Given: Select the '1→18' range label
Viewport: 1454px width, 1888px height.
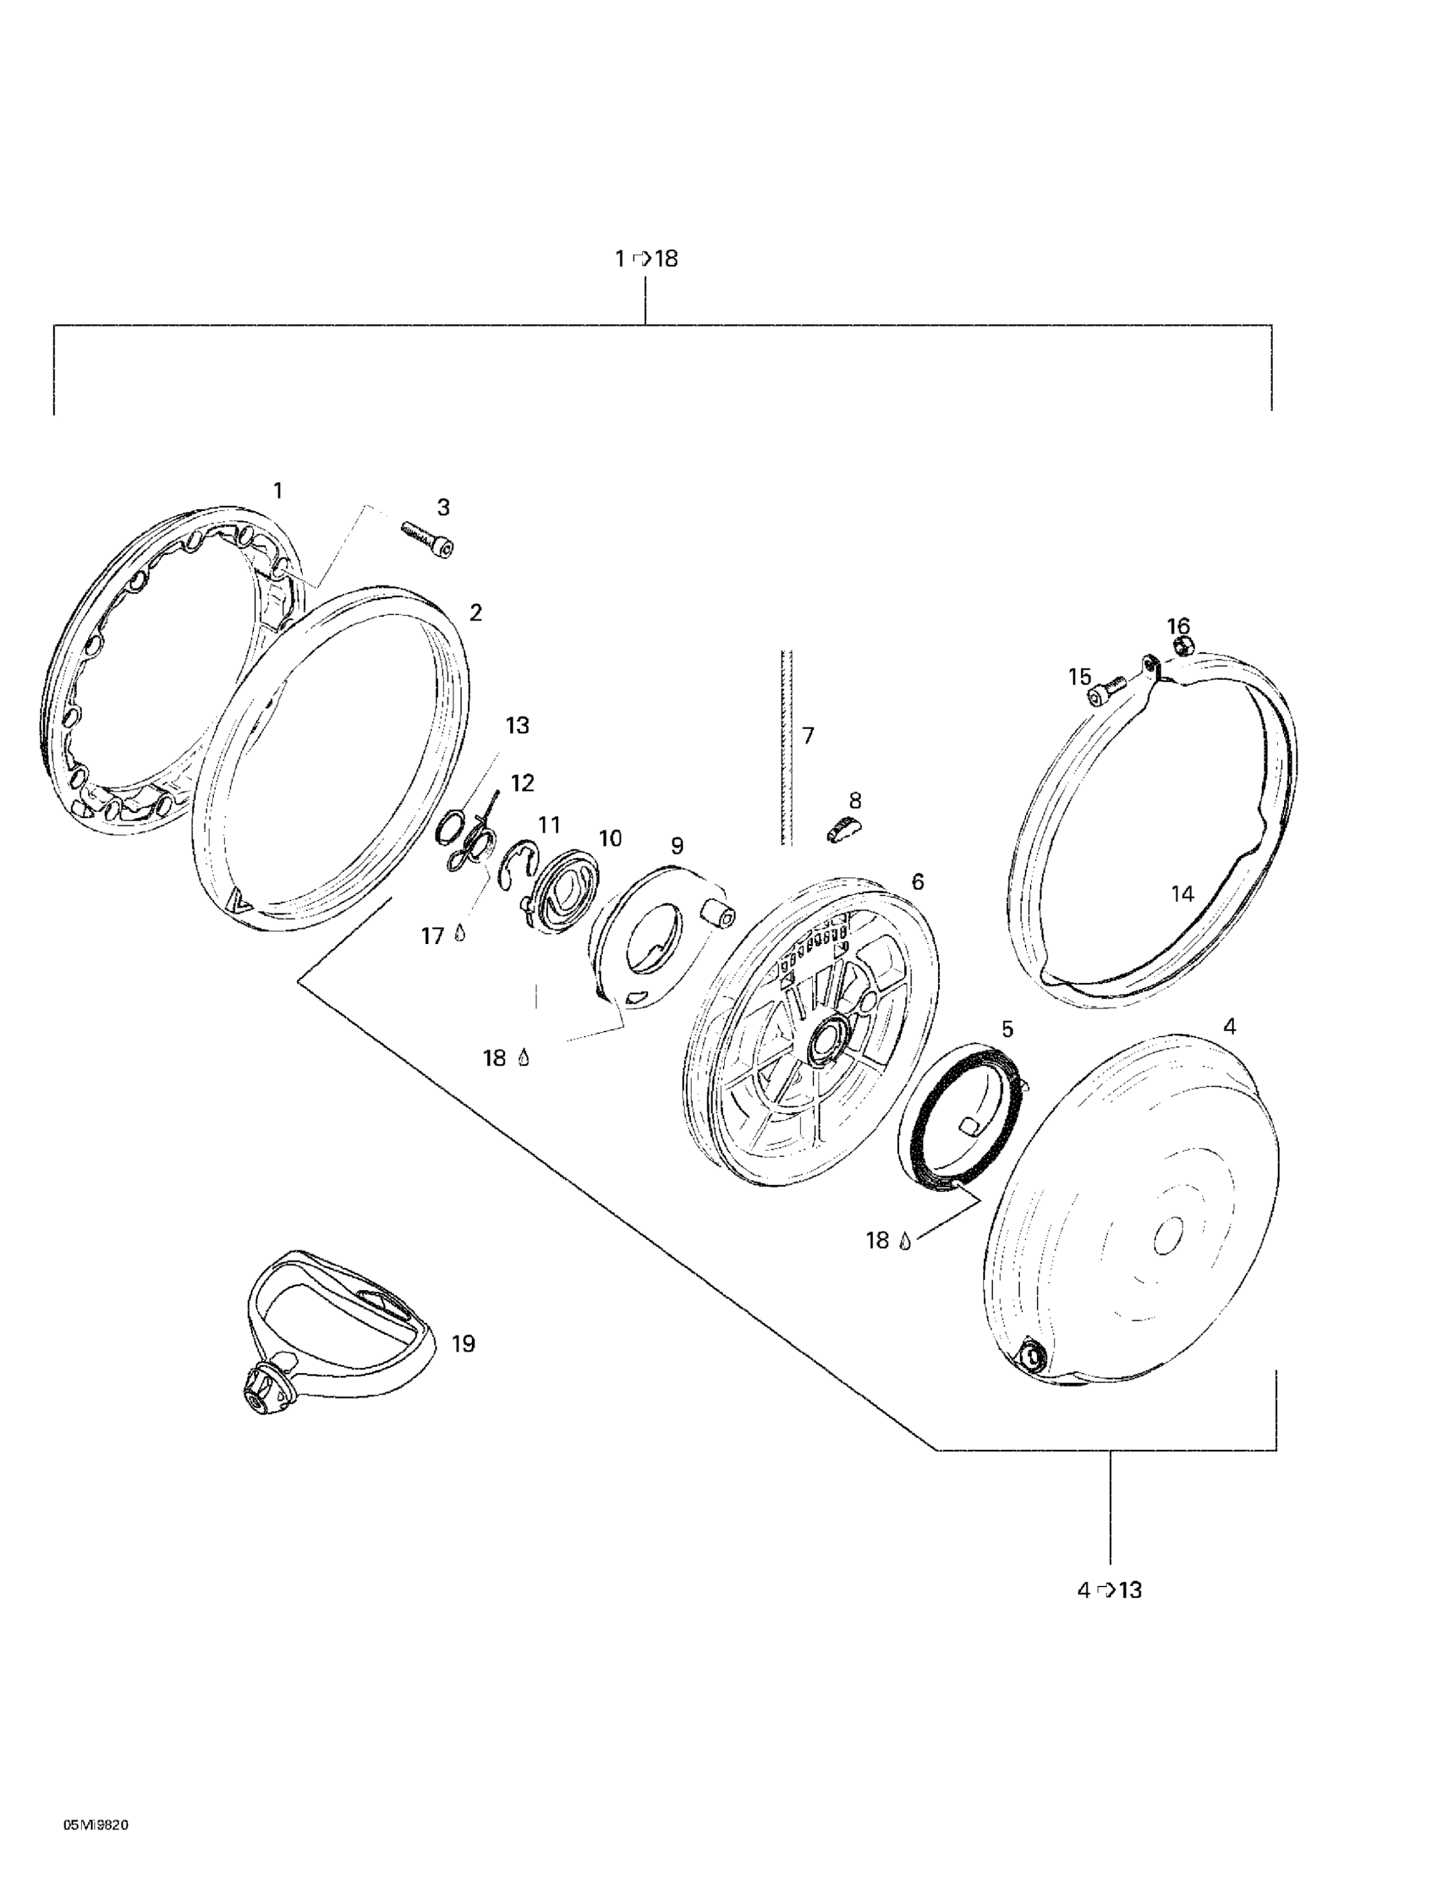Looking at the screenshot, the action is click(646, 257).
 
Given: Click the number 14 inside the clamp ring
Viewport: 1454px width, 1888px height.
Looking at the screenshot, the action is click(1182, 894).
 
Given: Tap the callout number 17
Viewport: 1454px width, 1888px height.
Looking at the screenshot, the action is click(432, 935).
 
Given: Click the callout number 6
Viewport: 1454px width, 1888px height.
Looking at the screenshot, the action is click(917, 881).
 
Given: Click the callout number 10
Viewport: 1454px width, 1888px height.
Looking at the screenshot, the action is click(610, 838).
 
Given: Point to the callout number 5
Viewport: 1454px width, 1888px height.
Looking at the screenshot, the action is click(1007, 1029).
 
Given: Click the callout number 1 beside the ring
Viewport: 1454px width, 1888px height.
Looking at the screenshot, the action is click(277, 490).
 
